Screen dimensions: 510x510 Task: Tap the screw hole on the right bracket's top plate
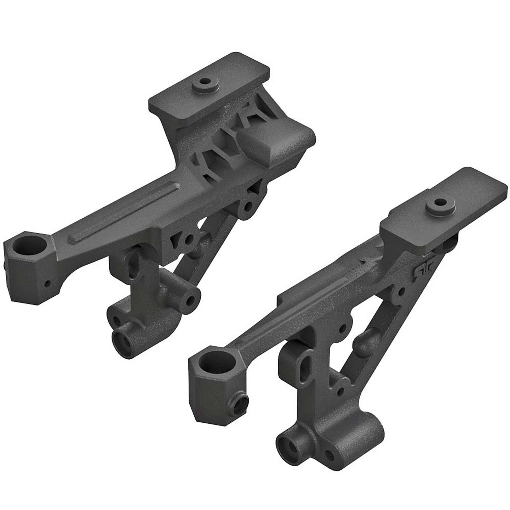(x=440, y=202)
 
